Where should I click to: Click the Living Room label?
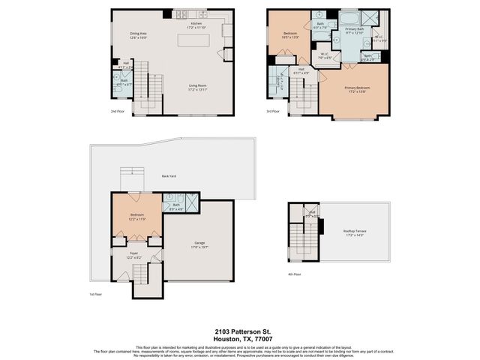(197, 86)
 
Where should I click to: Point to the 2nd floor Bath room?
(124, 83)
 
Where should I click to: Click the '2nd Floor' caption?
(117, 112)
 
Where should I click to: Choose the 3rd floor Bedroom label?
(291, 34)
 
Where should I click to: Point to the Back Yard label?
(169, 176)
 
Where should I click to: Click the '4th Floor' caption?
(295, 274)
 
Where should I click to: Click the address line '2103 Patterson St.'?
(239, 331)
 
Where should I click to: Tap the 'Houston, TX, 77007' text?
(239, 338)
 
